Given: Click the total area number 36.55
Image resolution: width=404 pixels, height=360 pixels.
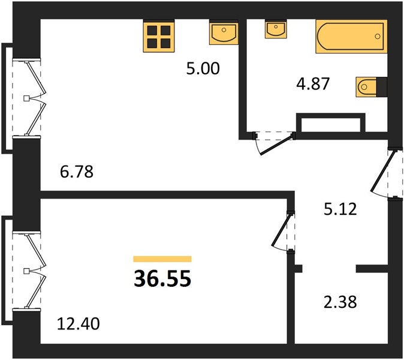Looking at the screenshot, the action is point(162,278).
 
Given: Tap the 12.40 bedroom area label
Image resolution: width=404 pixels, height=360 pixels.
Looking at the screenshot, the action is point(79,324).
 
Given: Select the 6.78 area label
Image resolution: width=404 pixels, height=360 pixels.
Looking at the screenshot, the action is point(77,172).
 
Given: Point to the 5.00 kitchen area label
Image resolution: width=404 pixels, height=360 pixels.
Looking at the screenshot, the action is point(203,68).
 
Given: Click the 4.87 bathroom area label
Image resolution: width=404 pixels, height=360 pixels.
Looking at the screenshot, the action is point(313,84).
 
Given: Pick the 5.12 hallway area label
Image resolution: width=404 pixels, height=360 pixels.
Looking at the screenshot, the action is point(340,209).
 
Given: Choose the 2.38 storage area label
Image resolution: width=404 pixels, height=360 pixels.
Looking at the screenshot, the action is point(340,302).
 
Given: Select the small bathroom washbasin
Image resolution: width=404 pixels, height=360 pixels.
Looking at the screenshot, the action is point(276,29).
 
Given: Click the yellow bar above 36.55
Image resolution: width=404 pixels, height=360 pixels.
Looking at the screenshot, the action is point(162,259).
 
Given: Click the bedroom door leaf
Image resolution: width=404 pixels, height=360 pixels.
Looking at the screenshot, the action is point(282,230).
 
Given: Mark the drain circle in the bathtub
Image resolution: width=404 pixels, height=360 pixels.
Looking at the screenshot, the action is point(378,37).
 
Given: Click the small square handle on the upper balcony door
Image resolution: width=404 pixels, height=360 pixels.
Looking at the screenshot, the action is point(26,98).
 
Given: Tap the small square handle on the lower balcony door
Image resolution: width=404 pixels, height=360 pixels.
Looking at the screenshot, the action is point(26,271).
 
